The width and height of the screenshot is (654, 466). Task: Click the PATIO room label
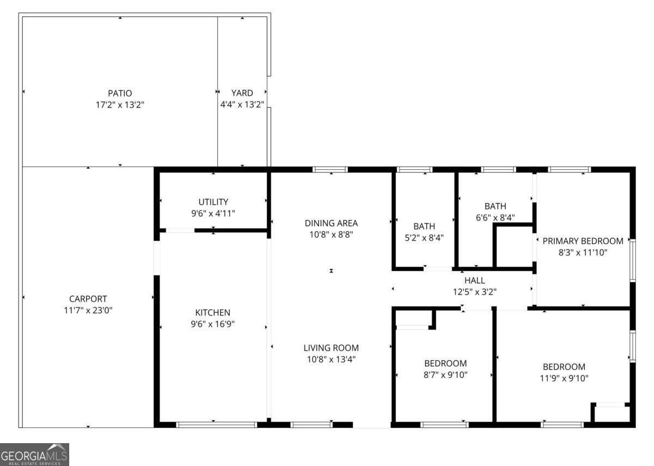click(119, 93)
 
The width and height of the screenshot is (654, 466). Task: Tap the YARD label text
click(242, 93)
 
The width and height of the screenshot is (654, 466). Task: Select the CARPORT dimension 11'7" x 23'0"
click(88, 310)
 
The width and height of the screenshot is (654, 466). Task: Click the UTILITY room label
click(213, 202)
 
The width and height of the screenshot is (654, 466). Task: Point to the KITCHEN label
click(213, 312)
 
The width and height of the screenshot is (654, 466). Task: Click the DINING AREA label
click(331, 223)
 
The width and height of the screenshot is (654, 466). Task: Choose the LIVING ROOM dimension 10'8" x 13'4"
click(331, 359)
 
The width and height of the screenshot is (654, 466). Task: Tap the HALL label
click(474, 280)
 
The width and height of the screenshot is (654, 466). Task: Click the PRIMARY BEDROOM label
click(583, 241)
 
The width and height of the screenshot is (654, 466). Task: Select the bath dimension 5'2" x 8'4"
click(424, 237)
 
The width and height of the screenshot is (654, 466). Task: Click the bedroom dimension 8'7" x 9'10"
click(445, 375)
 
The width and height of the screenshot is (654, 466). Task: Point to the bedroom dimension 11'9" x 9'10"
click(564, 378)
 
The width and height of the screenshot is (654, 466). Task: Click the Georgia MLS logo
click(34, 454)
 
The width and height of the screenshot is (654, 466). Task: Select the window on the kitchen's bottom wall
click(216, 424)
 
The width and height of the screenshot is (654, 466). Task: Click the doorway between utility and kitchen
click(180, 231)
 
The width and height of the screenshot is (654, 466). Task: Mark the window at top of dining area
click(330, 170)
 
